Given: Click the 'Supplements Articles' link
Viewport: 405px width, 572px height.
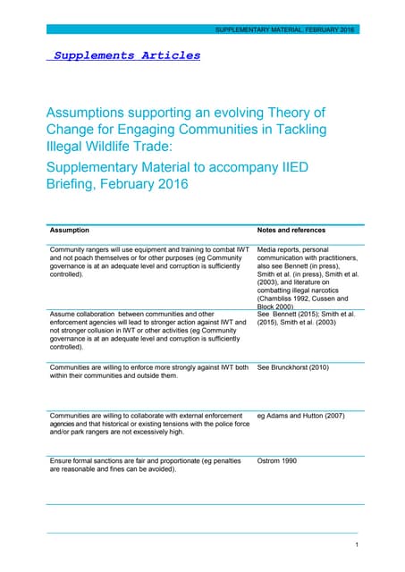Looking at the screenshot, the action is pos(126,55).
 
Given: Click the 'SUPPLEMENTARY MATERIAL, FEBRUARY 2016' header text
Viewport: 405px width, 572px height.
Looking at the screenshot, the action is pos(284,29).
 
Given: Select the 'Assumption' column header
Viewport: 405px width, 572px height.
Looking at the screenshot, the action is pos(69,230).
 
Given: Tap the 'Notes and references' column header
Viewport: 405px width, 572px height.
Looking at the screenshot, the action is pos(291,230).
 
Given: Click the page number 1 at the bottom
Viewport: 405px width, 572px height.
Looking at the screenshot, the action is pos(357,544).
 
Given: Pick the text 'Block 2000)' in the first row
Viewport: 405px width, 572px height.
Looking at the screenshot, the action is pos(279,306).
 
